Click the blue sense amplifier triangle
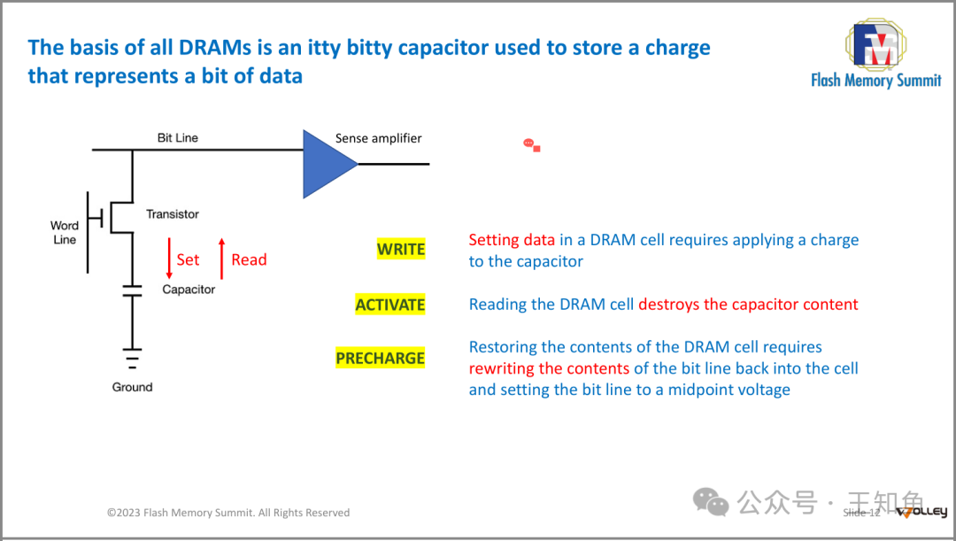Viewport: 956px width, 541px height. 325,164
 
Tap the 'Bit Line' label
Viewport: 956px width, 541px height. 178,138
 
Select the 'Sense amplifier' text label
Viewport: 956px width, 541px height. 378,138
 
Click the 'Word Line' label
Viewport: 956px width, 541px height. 65,233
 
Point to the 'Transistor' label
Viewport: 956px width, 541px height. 173,214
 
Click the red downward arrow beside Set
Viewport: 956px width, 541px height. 169,259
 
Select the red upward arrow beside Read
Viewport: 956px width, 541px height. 221,259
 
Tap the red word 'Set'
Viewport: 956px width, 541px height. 188,259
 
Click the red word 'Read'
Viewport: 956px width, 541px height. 249,259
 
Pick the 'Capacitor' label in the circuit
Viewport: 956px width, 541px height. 189,290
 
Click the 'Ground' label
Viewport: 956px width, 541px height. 132,387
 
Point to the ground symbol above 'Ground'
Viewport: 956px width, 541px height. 132,359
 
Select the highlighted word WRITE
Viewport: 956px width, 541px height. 401,250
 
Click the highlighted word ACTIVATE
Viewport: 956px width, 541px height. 390,305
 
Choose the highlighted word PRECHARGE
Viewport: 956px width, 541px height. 381,359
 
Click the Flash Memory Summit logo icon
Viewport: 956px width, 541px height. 875,44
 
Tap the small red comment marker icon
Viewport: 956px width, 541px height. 531,144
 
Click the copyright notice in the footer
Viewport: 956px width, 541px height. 228,513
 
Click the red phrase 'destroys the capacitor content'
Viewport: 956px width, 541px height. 748,305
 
